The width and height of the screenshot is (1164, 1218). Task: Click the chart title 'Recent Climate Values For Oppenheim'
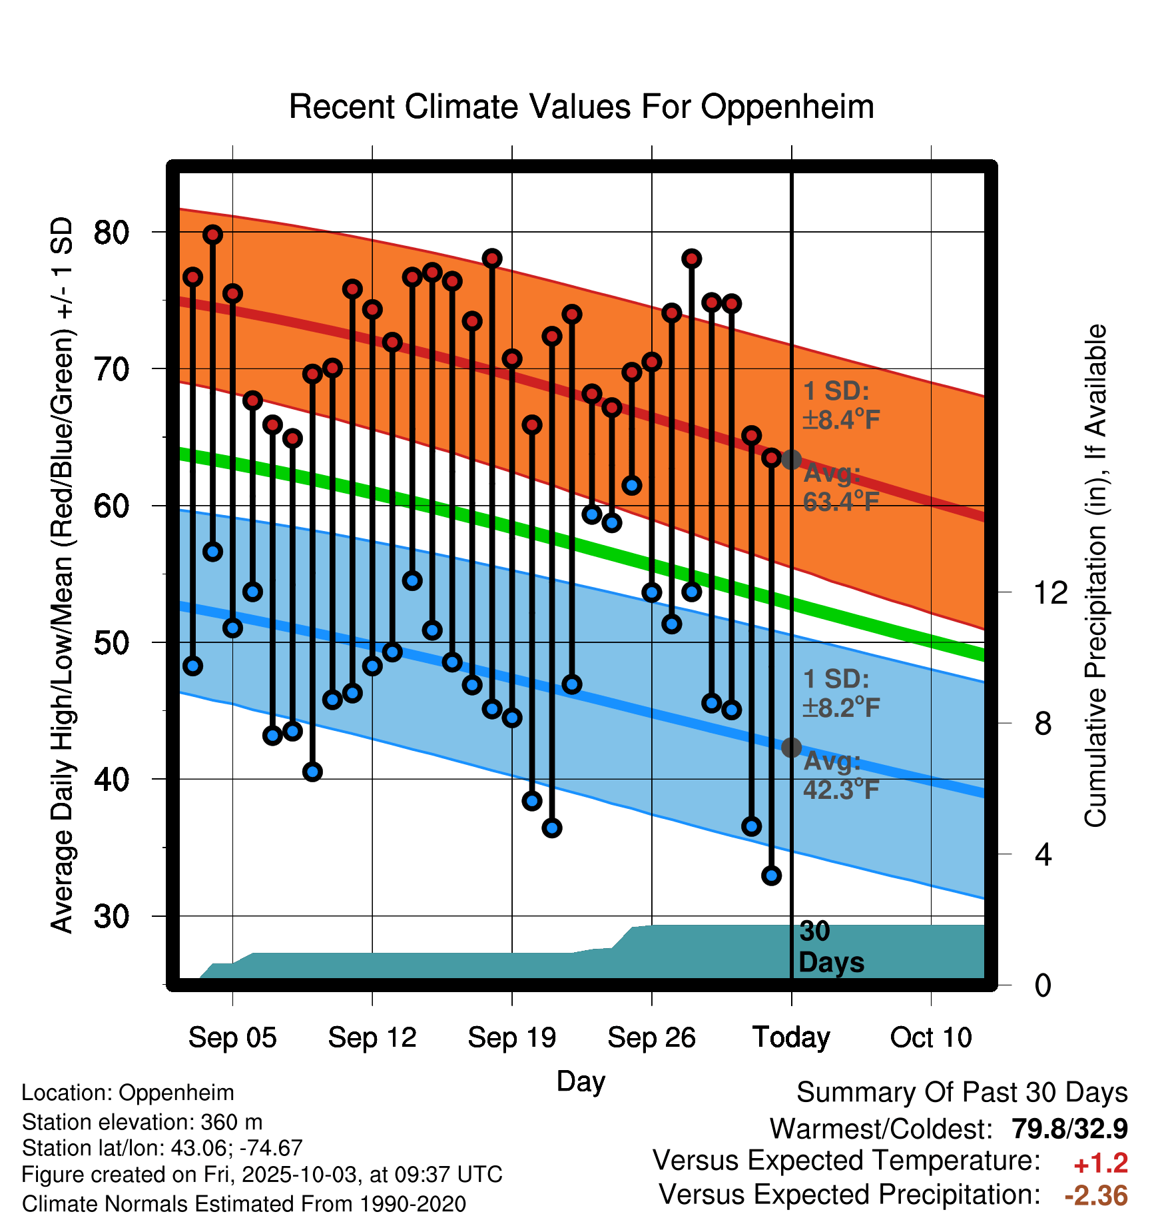point(581,107)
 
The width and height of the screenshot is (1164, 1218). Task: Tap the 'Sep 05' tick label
point(232,1037)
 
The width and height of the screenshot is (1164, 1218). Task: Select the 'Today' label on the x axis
point(791,1037)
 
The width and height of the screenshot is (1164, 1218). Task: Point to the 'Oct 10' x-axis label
point(931,1037)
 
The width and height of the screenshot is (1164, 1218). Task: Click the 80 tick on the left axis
point(111,233)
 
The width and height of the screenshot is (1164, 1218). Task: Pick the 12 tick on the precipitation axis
point(1050,592)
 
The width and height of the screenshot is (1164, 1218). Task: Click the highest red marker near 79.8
point(212,235)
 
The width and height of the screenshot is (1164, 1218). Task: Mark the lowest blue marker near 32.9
point(771,876)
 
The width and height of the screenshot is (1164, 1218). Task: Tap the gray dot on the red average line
point(791,459)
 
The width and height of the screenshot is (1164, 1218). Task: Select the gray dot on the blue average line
point(791,748)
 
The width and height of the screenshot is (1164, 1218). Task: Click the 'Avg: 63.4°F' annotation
point(840,487)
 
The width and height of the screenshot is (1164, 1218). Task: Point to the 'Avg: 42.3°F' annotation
point(840,776)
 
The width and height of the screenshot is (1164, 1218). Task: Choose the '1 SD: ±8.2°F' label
point(841,693)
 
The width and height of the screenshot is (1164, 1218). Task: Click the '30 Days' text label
point(830,947)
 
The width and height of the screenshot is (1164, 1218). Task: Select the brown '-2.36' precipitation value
point(1096,1196)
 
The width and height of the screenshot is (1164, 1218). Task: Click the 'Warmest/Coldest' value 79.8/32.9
point(1069,1129)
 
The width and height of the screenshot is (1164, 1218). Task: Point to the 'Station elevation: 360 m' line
point(142,1122)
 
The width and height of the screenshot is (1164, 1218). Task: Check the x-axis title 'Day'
point(581,1081)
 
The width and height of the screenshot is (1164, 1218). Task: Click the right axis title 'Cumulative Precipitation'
point(1095,576)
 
